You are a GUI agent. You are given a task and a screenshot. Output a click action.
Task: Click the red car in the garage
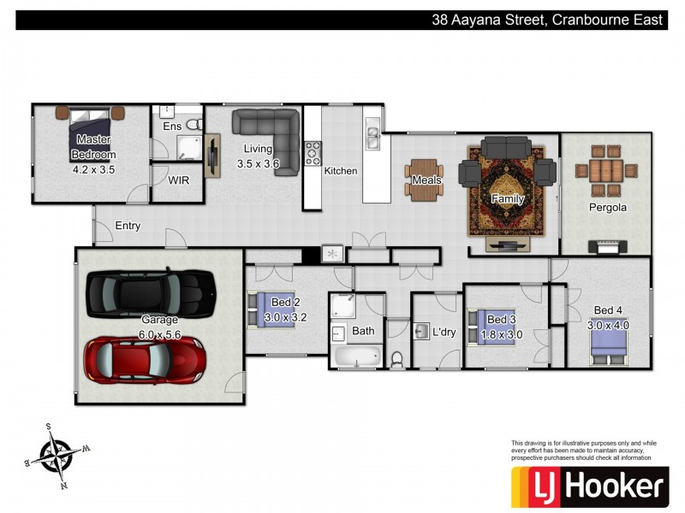tap(145, 360)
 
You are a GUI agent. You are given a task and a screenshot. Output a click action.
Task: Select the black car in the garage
tap(151, 293)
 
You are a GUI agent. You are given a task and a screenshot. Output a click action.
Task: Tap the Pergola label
tap(608, 207)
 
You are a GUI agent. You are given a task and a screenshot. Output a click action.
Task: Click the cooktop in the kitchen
tap(313, 153)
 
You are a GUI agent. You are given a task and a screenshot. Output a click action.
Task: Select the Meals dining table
tap(424, 180)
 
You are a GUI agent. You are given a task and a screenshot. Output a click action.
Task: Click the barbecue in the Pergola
tap(607, 247)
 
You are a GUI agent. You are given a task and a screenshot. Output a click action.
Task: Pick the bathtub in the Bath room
tap(357, 356)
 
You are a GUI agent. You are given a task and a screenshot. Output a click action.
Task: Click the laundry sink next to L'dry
tap(421, 332)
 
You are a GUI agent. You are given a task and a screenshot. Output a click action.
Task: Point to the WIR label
tap(179, 180)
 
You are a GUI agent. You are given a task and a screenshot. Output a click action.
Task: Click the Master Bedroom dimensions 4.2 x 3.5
tap(93, 169)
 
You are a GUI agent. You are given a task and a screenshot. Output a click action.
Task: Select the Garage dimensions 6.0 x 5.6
tap(159, 334)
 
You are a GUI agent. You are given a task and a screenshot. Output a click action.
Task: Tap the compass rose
tap(57, 456)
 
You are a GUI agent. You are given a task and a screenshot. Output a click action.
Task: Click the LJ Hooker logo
tap(590, 486)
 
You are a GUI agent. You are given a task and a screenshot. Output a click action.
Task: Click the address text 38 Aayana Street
tap(488, 20)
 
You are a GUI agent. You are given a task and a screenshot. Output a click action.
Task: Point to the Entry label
tap(128, 226)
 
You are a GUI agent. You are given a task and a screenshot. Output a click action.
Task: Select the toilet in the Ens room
tap(194, 124)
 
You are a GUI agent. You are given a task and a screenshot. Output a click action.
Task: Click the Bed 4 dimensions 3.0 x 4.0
tap(608, 325)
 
